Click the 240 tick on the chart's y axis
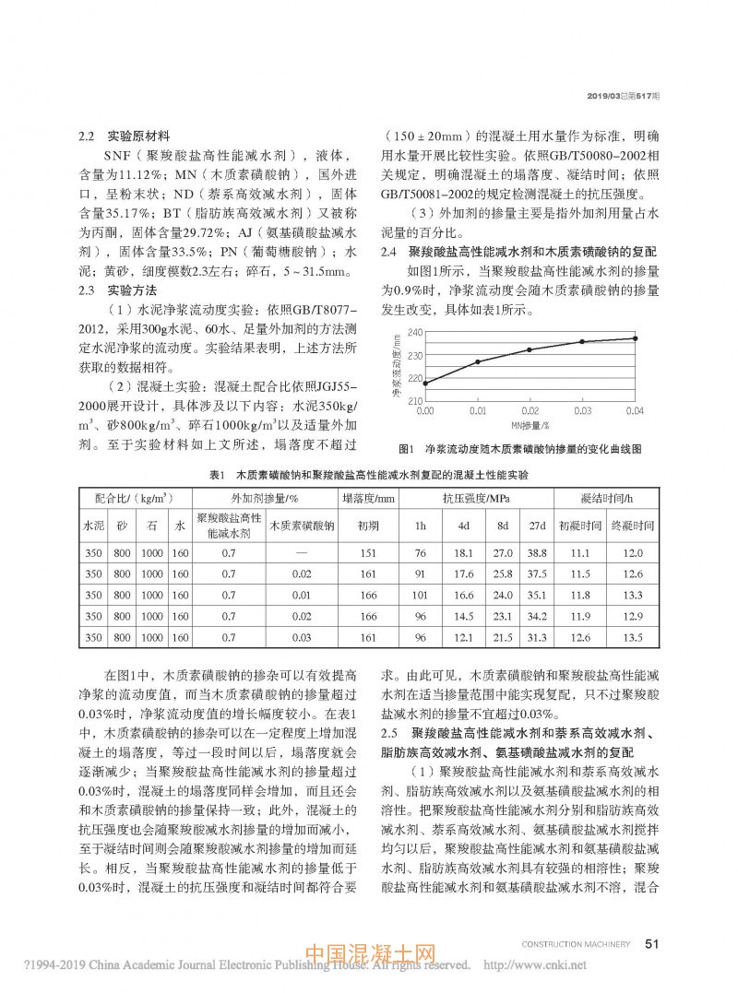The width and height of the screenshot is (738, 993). click(x=414, y=332)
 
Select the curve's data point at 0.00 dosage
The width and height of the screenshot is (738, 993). click(x=424, y=384)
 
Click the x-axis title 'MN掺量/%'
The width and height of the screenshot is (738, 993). click(x=530, y=426)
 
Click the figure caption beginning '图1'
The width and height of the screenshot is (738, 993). click(x=519, y=449)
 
